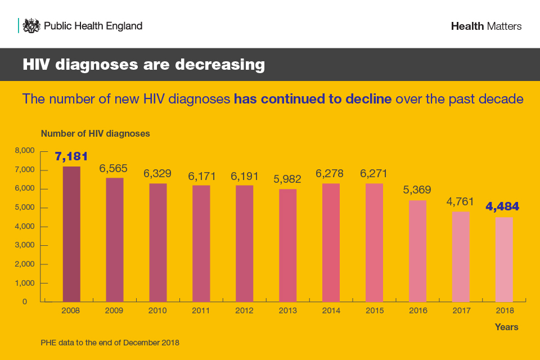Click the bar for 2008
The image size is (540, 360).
[71, 233]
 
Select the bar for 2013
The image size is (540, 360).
[287, 245]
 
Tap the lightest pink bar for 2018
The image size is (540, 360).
[503, 259]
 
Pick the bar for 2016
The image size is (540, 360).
[417, 251]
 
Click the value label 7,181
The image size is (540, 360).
[71, 156]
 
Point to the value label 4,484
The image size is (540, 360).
[502, 206]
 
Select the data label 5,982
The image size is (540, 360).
[287, 179]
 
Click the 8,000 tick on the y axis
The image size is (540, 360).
[25, 151]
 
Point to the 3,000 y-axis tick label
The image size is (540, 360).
[25, 245]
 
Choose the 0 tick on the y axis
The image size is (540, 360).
[25, 302]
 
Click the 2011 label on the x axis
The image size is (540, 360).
[201, 310]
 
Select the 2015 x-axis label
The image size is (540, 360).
[374, 310]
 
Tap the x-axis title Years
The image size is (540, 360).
[506, 327]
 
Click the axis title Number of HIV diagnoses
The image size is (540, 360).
[95, 134]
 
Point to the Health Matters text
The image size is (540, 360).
[486, 26]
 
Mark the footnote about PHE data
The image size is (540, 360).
[110, 342]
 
